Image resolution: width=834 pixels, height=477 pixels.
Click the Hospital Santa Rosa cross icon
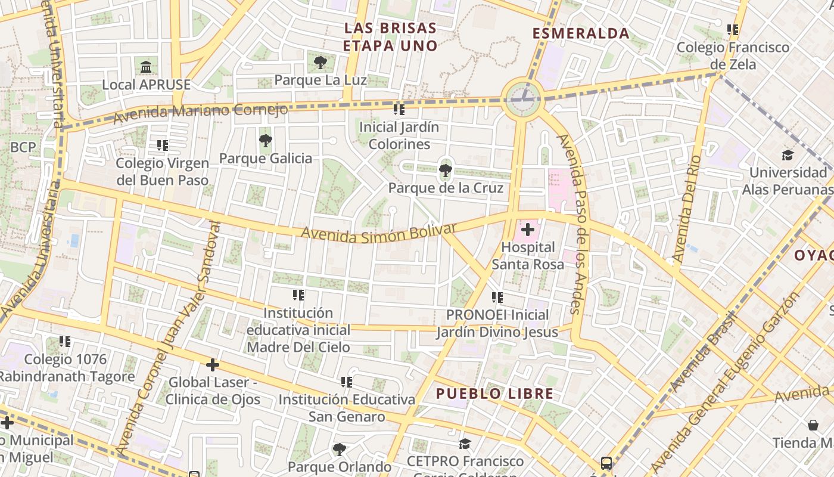[x=527, y=229]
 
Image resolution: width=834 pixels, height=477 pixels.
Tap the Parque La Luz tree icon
[x=320, y=62]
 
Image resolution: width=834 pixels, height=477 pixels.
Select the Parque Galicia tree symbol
[x=266, y=141]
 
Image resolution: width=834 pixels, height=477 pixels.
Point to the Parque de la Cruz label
[x=446, y=188]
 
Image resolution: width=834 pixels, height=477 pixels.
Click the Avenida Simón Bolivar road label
[x=378, y=233]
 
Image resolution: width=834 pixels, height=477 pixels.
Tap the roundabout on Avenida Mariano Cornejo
[x=522, y=98]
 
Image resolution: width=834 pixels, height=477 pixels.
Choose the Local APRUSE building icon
[x=146, y=67]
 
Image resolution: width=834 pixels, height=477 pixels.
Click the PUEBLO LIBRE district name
[x=494, y=394]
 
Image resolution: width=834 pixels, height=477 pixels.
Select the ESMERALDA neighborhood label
[x=581, y=33]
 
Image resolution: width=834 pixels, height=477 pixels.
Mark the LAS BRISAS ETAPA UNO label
[x=390, y=37]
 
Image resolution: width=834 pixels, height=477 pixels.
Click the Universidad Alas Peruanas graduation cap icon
[x=788, y=155]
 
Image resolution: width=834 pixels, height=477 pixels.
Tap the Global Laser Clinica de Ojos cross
[x=213, y=365]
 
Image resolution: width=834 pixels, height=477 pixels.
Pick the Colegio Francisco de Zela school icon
[x=733, y=29]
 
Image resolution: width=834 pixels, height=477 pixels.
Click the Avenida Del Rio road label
[x=687, y=209]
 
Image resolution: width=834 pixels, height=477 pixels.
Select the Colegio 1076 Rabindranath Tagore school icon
[x=65, y=342]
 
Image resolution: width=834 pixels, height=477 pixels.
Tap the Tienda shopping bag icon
[x=813, y=425]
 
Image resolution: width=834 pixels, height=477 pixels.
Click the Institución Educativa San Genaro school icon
[x=346, y=382]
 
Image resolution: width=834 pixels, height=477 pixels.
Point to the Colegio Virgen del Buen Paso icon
[x=162, y=145]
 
